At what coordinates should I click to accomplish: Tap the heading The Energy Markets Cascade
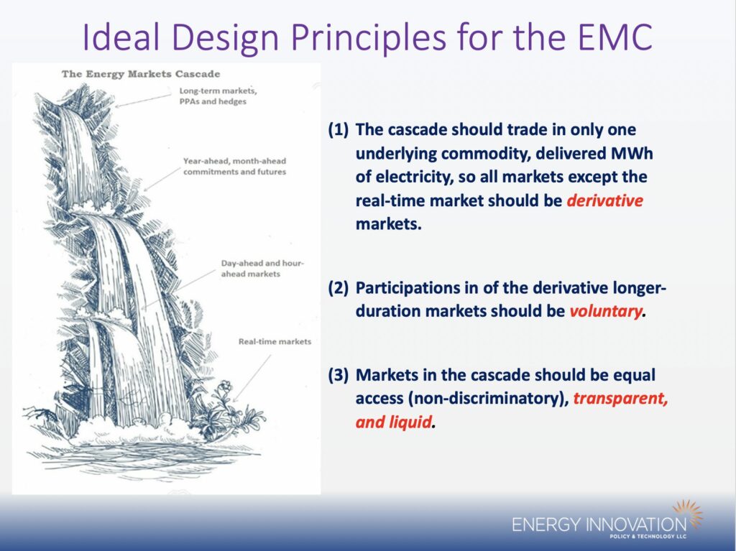pyautogui.click(x=141, y=74)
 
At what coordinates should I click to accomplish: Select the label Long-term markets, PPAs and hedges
pyautogui.click(x=218, y=96)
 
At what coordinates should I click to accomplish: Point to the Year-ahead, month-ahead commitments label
pyautogui.click(x=235, y=166)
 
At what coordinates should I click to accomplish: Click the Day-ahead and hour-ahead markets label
pyautogui.click(x=262, y=269)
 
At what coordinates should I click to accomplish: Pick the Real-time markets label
pyautogui.click(x=275, y=342)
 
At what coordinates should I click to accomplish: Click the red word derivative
pyautogui.click(x=605, y=200)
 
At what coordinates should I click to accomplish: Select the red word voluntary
pyautogui.click(x=605, y=311)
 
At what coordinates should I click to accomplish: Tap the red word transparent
pyautogui.click(x=620, y=399)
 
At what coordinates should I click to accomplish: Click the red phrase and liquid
pyautogui.click(x=393, y=422)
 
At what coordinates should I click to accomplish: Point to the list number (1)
pyautogui.click(x=339, y=129)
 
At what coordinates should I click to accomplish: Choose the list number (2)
pyautogui.click(x=339, y=287)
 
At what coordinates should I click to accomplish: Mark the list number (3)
pyautogui.click(x=339, y=375)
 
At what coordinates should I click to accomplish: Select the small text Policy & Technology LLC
pyautogui.click(x=648, y=536)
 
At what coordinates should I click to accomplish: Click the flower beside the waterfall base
pyautogui.click(x=225, y=386)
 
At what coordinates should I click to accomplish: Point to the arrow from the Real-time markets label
pyautogui.click(x=252, y=379)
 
